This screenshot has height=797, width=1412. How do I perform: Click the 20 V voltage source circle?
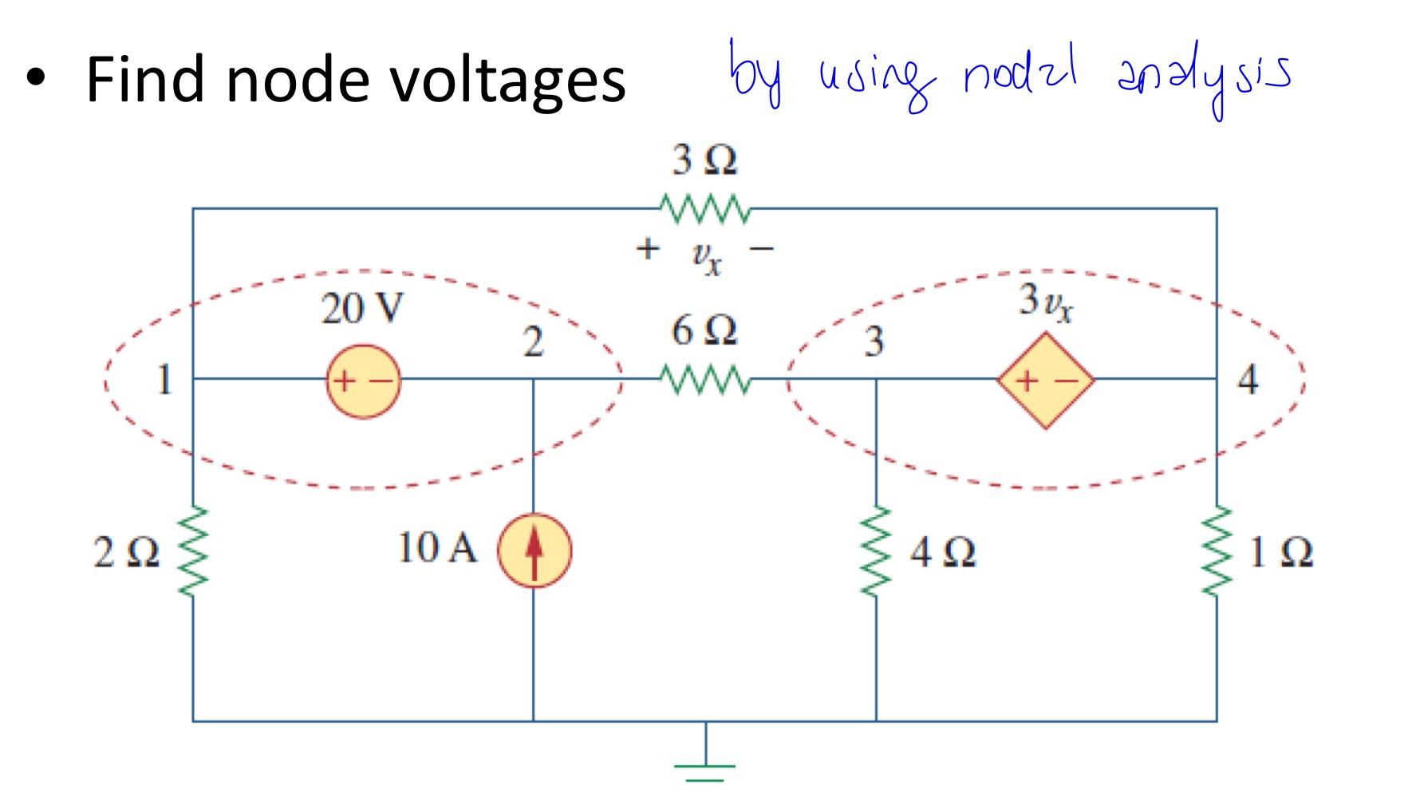tap(363, 381)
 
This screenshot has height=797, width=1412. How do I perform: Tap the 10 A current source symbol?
tap(534, 550)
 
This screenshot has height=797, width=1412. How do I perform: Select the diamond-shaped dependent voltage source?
tap(1045, 381)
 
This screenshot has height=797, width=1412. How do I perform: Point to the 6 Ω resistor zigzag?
tap(704, 380)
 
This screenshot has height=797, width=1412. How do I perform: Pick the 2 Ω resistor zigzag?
tap(192, 550)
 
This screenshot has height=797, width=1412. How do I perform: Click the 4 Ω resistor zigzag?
tap(876, 550)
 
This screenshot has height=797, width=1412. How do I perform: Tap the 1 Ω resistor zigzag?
tap(1217, 550)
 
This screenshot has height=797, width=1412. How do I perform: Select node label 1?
tap(164, 380)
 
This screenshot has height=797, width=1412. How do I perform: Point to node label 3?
tap(874, 342)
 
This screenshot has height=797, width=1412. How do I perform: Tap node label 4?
tap(1248, 380)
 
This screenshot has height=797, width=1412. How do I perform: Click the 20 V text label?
tap(363, 310)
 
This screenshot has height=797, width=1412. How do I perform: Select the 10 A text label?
tap(437, 548)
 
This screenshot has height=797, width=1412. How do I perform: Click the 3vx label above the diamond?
tap(1046, 302)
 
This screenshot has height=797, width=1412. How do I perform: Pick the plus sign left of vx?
tap(648, 249)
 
